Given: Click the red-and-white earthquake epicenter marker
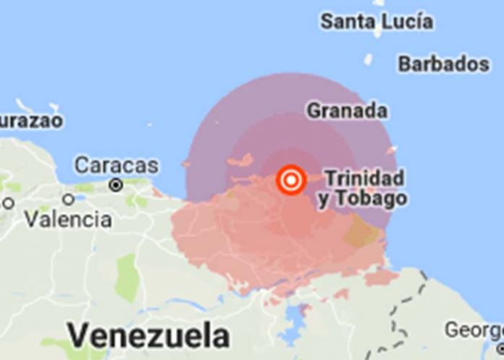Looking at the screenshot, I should click(x=291, y=180).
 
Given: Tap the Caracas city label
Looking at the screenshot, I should click(x=117, y=165).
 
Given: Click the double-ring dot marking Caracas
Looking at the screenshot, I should click(x=115, y=185).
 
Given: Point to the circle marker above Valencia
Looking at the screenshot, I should click(x=69, y=198).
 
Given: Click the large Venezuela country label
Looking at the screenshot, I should click(x=148, y=336).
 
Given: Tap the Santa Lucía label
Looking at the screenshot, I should click(x=377, y=21).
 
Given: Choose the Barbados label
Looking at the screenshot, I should click(x=443, y=64).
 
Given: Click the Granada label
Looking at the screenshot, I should click(x=347, y=111).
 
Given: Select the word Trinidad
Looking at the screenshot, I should click(x=364, y=177).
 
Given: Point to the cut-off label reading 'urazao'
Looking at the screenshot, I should click(x=30, y=120).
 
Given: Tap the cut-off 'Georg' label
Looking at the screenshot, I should click(x=474, y=330).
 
